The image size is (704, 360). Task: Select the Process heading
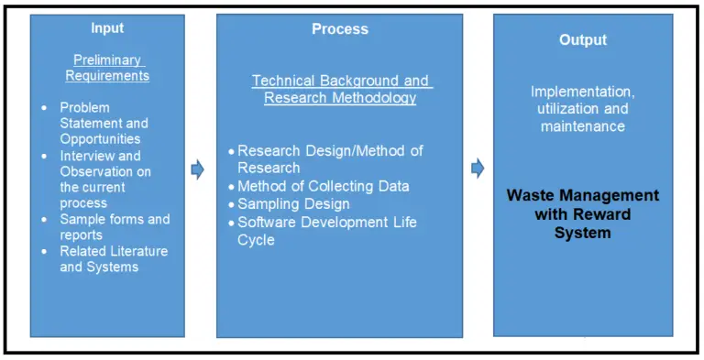pos(339,29)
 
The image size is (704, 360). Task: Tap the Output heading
pos(583,40)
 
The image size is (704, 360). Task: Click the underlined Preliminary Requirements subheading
pos(111,68)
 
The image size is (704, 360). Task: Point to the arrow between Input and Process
pos(197,169)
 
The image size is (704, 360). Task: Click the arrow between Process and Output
pos(477,169)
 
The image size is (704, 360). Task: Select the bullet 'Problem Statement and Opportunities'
pos(104,123)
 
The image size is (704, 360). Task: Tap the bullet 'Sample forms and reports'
pos(115,226)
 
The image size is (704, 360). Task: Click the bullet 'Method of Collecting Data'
pos(323,186)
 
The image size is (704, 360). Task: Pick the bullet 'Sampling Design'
pos(293,203)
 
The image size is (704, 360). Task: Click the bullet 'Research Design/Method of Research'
pos(330,159)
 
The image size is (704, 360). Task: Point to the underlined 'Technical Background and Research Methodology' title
pos(340,90)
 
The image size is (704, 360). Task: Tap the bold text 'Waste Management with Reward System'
pos(583,214)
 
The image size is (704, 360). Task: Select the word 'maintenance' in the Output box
pos(583,125)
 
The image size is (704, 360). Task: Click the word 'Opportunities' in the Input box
pos(100,139)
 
